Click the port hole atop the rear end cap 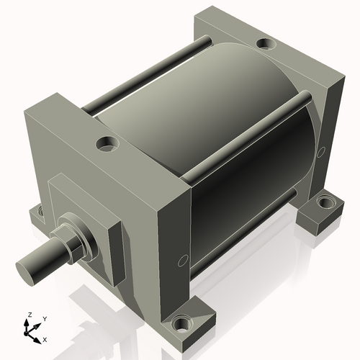[x=266, y=44]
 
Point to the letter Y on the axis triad [x=45, y=318]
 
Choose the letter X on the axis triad [x=45, y=338]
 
